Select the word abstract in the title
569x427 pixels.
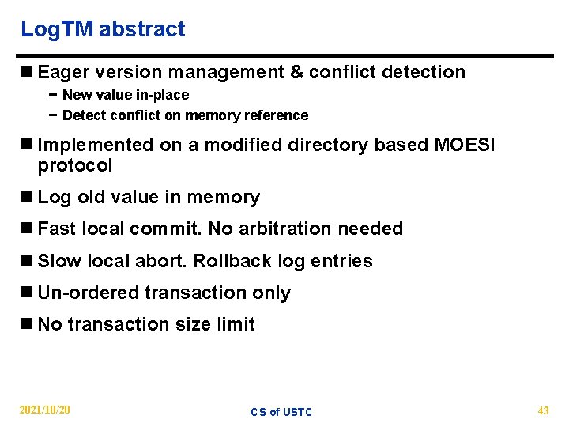[x=142, y=29]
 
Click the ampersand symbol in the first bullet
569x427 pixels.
[x=296, y=73]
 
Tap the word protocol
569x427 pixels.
[x=75, y=166]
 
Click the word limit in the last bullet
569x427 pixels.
[x=237, y=324]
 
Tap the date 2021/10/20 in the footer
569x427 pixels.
[x=45, y=410]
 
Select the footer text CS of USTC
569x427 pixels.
[x=281, y=412]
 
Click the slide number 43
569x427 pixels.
[x=543, y=410]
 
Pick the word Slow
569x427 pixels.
[x=58, y=261]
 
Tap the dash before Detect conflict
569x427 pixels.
[x=52, y=115]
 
